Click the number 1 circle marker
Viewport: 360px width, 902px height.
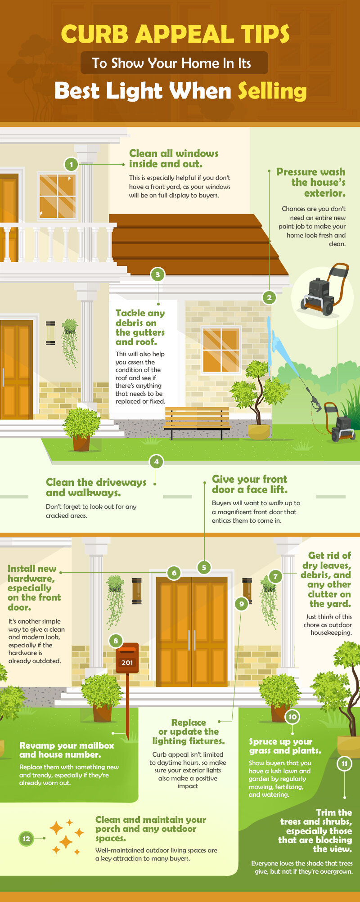pos(71,164)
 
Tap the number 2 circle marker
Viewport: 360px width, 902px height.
pos(269,297)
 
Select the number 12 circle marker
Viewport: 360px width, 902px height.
pos(27,839)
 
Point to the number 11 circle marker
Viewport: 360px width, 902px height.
pos(344,763)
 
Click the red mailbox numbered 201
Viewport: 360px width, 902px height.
pos(127,658)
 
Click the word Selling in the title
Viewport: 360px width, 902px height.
pos(272,91)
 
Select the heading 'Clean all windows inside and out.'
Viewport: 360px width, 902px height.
pos(174,159)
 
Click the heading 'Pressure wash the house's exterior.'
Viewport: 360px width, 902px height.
pos(311,182)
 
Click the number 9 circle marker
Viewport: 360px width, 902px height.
pos(241,604)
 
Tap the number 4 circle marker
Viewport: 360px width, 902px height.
pos(156,462)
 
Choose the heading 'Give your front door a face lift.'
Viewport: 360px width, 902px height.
pos(249,484)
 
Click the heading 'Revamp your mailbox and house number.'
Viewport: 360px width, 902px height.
pos(67,750)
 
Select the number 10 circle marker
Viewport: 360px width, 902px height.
pos(292,717)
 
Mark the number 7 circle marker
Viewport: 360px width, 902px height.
pos(275,576)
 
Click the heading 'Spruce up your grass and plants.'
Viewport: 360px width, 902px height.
pos(285,746)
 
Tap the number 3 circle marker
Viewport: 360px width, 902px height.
pos(157,274)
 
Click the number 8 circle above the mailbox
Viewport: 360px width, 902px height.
pos(116,641)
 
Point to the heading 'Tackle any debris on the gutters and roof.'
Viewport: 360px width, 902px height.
pos(140,327)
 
